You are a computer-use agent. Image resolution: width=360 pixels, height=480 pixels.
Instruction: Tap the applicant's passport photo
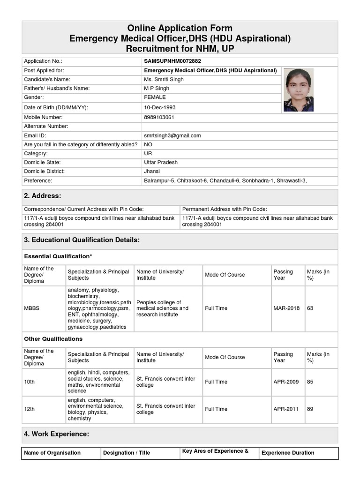tap(298, 90)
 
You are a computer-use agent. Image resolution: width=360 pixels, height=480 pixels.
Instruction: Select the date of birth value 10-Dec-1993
tap(160, 107)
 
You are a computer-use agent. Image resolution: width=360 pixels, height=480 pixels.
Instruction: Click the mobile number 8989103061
tap(159, 117)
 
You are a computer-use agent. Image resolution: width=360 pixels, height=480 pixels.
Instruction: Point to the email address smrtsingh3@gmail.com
tap(172, 135)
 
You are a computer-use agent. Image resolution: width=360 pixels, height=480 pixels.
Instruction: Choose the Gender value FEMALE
tap(155, 97)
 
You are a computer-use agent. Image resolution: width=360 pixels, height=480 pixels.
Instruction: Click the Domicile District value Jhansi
tap(152, 172)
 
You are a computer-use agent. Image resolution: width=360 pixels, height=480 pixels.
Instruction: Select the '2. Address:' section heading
tap(43, 196)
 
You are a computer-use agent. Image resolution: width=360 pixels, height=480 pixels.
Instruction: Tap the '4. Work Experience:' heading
tap(56, 435)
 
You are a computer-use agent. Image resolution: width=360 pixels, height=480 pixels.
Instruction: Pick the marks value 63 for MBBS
tap(310, 308)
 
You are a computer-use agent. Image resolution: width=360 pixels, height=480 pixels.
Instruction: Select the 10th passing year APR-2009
tap(286, 382)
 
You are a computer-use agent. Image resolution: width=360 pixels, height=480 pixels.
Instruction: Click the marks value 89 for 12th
tap(310, 409)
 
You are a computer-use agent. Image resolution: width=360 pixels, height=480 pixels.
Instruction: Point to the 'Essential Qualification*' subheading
tap(58, 256)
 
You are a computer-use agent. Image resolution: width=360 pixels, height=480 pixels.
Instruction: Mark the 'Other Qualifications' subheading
tap(53, 339)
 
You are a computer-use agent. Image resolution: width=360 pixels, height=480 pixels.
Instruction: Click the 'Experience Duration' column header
tap(288, 453)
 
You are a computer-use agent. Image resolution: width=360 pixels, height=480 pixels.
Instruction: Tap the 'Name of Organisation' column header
tap(52, 453)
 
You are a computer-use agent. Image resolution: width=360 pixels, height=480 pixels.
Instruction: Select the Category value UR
tap(148, 153)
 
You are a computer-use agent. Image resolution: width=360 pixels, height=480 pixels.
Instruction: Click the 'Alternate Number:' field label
tap(46, 127)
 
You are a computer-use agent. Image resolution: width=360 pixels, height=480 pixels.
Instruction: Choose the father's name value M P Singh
tap(157, 89)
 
